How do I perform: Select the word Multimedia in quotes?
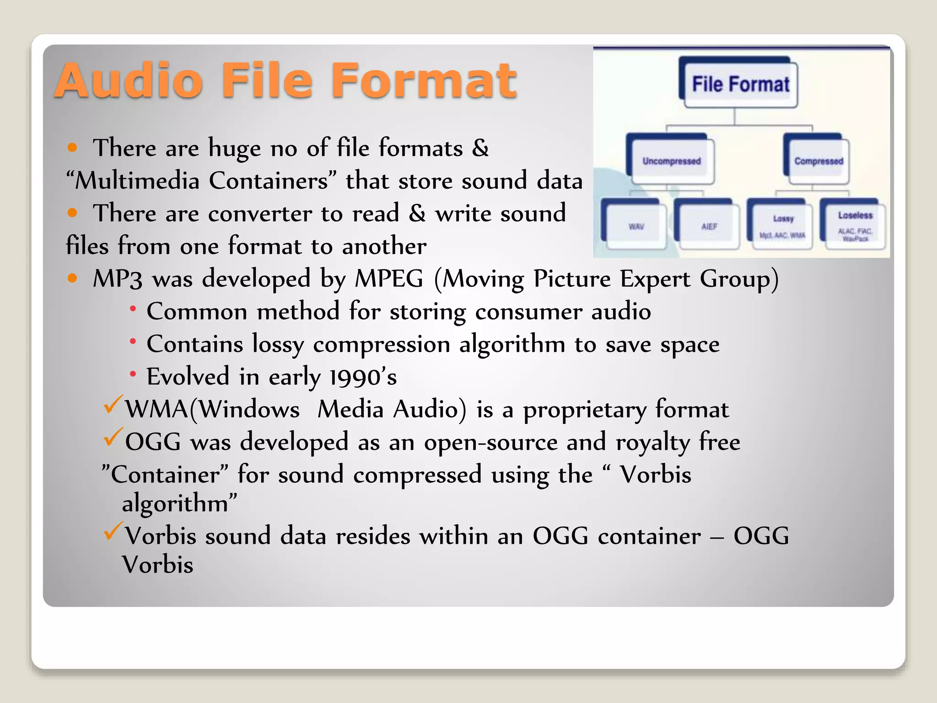tap(138, 181)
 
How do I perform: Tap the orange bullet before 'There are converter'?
tap(72, 212)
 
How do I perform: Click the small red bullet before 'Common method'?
tap(133, 309)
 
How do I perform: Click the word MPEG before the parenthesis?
tap(389, 279)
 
